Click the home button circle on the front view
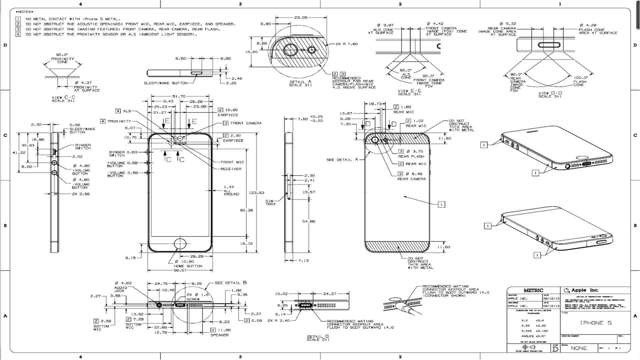pos(180,244)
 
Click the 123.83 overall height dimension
pos(256,193)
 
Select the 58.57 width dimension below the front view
pos(180,270)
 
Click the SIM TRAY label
pos(271,202)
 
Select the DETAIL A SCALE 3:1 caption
pos(300,83)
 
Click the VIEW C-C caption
pos(63,99)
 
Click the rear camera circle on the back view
pos(375,140)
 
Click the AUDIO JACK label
pos(121,289)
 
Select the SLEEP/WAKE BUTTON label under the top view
pos(166,83)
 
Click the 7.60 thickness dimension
pos(303,119)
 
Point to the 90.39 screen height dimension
pos(246,210)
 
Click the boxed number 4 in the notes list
pos(18,34)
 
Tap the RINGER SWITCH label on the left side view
pos(83,147)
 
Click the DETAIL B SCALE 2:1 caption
pos(318,338)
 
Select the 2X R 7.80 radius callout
pos(346,44)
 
